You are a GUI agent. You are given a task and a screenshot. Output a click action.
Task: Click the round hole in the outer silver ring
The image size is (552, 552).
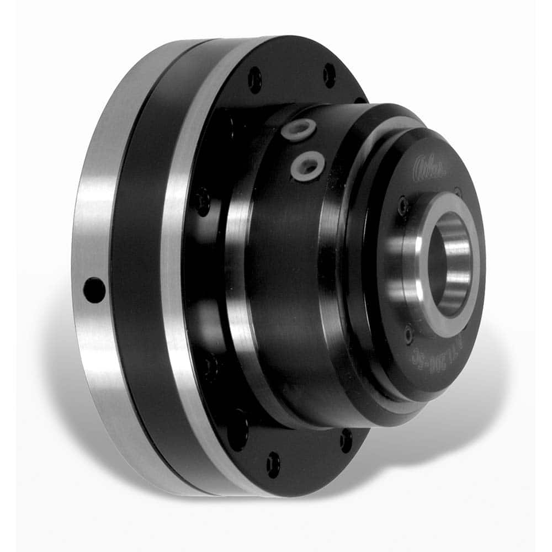pos(94,289)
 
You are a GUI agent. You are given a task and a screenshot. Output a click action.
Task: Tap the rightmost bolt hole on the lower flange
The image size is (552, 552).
pos(346,440)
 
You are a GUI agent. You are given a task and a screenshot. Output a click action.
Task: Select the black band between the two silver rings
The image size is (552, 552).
pos(135,265)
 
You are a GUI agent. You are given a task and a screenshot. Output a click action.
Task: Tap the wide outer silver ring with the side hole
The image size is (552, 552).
pos(91,232)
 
